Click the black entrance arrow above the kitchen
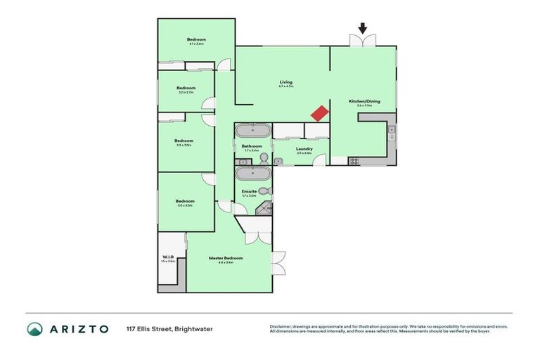(x=363, y=29)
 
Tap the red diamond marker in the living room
(x=320, y=113)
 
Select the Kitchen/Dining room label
(x=364, y=102)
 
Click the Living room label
(x=285, y=82)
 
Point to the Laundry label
(x=304, y=148)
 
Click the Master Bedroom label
(x=226, y=258)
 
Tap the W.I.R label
(x=167, y=257)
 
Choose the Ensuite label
(x=250, y=191)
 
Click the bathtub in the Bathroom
(x=252, y=131)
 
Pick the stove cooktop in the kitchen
(x=354, y=161)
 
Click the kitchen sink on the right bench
(x=392, y=131)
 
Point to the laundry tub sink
(x=278, y=161)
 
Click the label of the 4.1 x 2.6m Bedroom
(x=196, y=39)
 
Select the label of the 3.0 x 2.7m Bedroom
(x=186, y=88)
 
